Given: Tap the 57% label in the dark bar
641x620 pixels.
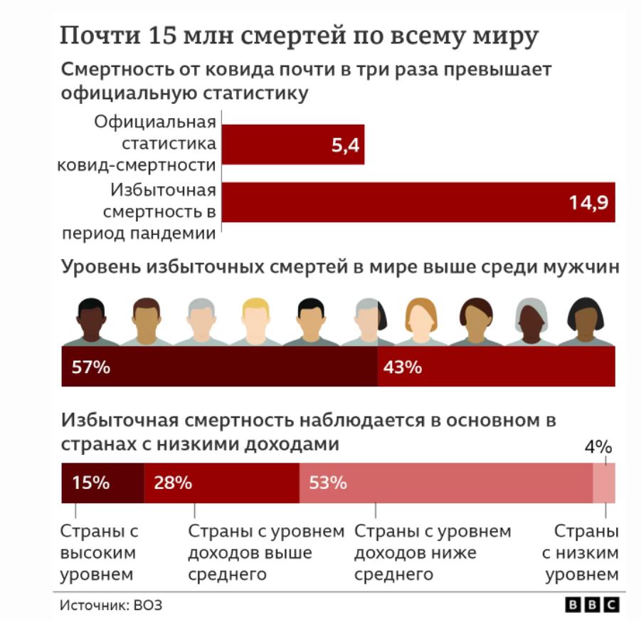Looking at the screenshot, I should pyautogui.click(x=90, y=368).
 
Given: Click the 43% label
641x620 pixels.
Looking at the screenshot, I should pyautogui.click(x=403, y=368).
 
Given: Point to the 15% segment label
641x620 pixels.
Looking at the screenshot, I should pyautogui.click(x=90, y=483).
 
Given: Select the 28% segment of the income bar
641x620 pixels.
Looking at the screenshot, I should pyautogui.click(x=221, y=483).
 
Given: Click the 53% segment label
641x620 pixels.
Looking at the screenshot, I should pyautogui.click(x=328, y=483).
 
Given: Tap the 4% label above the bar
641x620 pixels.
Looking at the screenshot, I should pyautogui.click(x=598, y=447).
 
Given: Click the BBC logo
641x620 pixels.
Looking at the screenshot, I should pyautogui.click(x=591, y=604).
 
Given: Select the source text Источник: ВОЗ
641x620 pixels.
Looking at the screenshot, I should pyautogui.click(x=111, y=605).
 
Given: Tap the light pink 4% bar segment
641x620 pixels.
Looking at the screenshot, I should pyautogui.click(x=605, y=483).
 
